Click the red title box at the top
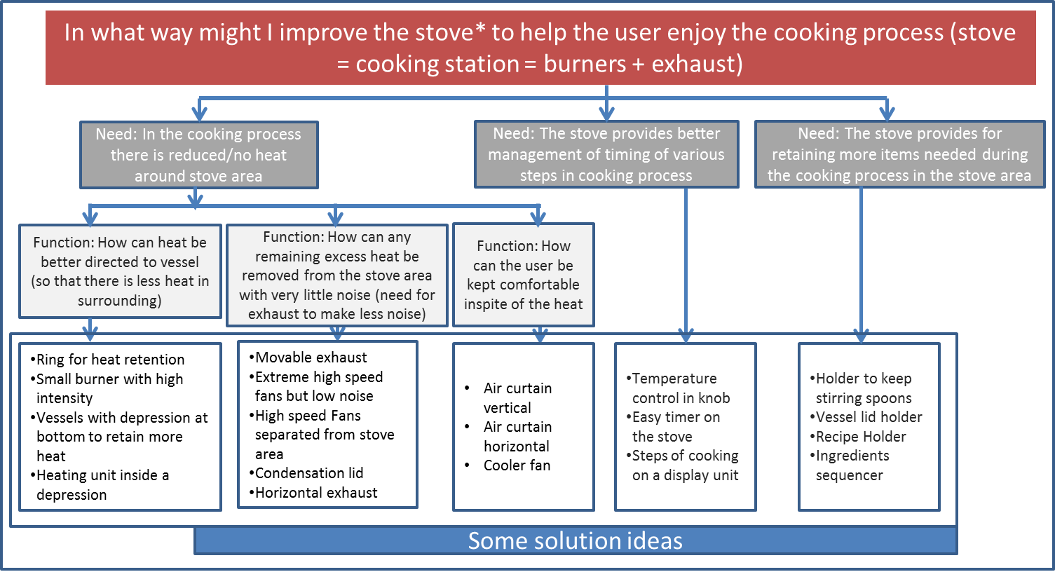[540, 48]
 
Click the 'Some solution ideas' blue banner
[576, 540]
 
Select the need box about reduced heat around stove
[199, 155]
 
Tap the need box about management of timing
[606, 154]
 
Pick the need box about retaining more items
[899, 154]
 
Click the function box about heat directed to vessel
[120, 271]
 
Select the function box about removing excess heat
[336, 275]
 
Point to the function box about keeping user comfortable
[523, 275]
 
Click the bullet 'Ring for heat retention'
[107, 360]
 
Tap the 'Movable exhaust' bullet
[308, 357]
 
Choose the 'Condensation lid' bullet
[306, 472]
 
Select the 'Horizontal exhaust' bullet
[313, 492]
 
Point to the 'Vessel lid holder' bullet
[866, 416]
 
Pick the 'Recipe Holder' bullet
[857, 437]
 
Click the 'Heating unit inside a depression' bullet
[100, 484]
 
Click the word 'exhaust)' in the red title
[697, 64]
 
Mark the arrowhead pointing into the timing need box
[606, 114]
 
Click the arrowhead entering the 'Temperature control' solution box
[686, 335]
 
